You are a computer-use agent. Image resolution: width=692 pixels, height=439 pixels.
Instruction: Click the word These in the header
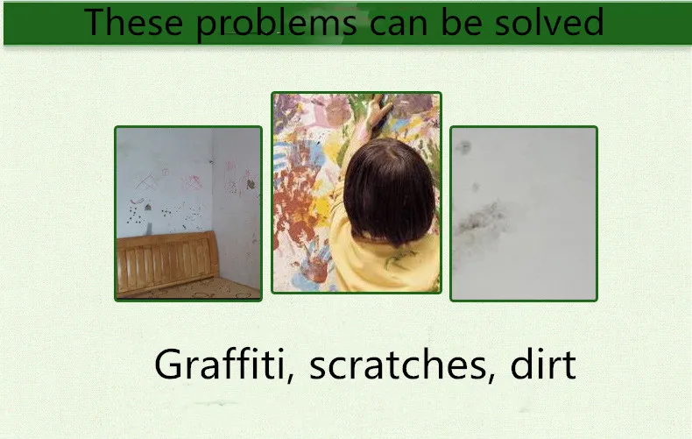136,21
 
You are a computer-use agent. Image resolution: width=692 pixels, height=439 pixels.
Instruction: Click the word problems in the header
277,23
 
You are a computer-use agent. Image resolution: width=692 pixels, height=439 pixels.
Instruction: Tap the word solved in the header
552,21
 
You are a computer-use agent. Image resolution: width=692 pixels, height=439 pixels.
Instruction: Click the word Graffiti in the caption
225,364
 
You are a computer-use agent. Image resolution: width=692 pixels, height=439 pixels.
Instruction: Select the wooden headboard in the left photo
166,258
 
